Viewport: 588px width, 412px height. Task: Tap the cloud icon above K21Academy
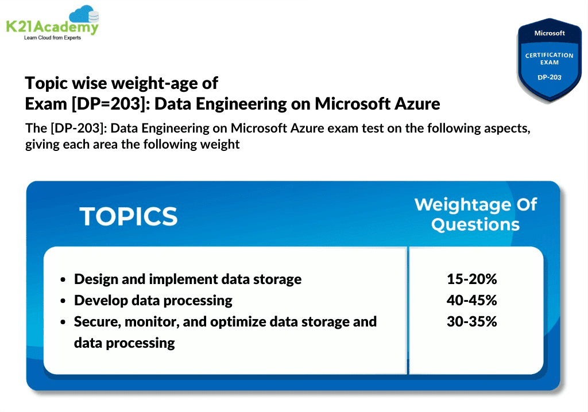[83, 14]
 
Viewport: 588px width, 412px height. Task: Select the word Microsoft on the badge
[550, 33]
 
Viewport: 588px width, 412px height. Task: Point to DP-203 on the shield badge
[550, 76]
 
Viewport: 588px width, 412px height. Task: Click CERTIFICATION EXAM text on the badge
[550, 59]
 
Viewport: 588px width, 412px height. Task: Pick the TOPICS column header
[129, 216]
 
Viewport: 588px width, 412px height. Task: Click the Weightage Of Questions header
[475, 214]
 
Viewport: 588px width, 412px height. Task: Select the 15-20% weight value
[471, 279]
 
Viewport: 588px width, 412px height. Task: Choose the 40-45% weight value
[471, 300]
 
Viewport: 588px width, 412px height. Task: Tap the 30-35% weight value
[471, 321]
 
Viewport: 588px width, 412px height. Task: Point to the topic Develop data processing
[153, 300]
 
